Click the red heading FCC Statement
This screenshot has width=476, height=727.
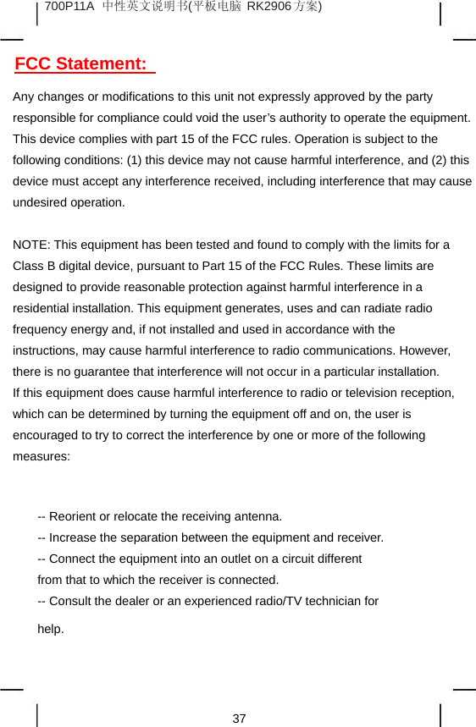(81, 64)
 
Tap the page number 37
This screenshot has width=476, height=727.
(240, 719)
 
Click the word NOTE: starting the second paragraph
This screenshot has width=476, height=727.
(30, 245)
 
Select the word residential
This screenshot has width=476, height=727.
(42, 308)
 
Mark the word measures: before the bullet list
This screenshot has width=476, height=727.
(42, 456)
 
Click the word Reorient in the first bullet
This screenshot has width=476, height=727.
(74, 516)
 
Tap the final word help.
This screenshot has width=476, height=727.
(51, 629)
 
